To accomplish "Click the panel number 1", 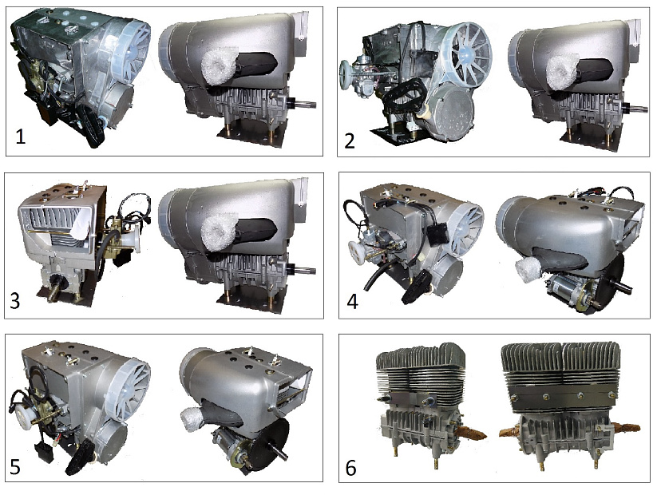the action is pyautogui.click(x=20, y=137).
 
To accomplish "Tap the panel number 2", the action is pyautogui.click(x=350, y=141).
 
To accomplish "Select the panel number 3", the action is pyautogui.click(x=14, y=301).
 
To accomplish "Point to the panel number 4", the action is pyautogui.click(x=353, y=301).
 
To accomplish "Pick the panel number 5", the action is pyautogui.click(x=15, y=467).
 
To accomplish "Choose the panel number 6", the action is pyautogui.click(x=351, y=468).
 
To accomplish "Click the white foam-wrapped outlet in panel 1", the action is pyautogui.click(x=218, y=69).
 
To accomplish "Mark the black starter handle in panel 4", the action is pyautogui.click(x=416, y=287).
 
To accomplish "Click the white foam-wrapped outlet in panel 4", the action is pyautogui.click(x=529, y=270).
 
